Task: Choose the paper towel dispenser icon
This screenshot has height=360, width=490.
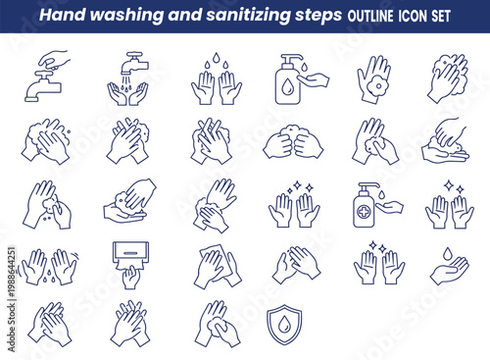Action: [x=128, y=263]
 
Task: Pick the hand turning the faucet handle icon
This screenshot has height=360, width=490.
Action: [x=44, y=77]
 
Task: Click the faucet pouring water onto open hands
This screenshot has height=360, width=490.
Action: [x=128, y=78]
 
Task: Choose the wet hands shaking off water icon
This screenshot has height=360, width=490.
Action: [x=47, y=265]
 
